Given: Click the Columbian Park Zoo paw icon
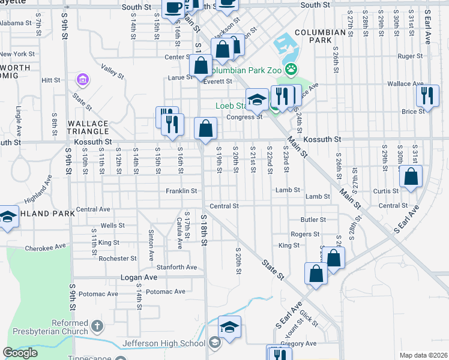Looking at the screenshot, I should click(291, 70).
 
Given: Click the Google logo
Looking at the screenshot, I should click(20, 353).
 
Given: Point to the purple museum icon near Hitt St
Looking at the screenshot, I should click(82, 79).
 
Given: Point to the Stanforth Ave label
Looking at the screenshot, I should click(176, 267).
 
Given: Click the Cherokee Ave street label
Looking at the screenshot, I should click(45, 247).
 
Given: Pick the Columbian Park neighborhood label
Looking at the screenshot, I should click(312, 35).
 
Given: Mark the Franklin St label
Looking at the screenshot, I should click(182, 191).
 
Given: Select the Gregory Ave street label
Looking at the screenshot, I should click(301, 344).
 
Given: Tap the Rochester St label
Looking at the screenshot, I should click(118, 259).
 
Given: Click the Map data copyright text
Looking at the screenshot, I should click(424, 355).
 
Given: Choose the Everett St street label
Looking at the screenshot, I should click(217, 82).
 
